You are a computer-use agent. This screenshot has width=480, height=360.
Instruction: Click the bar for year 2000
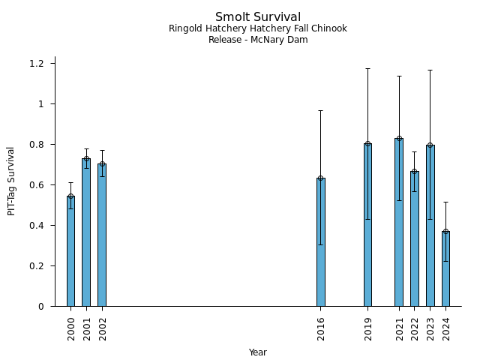click(70, 251)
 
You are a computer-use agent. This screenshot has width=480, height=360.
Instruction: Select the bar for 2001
click(86, 232)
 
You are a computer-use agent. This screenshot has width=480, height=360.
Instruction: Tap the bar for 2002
click(102, 235)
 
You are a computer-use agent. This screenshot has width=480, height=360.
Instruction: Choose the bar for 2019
click(367, 225)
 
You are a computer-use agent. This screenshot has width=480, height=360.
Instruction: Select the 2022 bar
click(415, 238)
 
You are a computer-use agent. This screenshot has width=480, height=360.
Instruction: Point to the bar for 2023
click(430, 226)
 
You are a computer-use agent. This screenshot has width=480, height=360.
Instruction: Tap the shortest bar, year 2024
click(445, 268)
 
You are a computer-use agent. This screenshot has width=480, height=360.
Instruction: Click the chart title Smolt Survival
click(258, 17)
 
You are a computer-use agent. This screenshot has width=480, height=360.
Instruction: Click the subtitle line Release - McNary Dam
click(258, 40)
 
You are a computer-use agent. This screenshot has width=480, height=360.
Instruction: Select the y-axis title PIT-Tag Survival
click(12, 181)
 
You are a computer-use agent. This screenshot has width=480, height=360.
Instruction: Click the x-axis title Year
click(258, 352)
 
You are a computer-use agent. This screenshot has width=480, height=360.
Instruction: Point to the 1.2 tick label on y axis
click(37, 63)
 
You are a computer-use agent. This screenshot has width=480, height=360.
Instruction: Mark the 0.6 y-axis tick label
click(37, 184)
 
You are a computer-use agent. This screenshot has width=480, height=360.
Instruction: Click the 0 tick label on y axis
click(41, 306)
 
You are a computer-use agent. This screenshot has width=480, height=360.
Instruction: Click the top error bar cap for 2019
click(367, 68)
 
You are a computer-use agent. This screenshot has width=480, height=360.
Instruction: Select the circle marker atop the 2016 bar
click(321, 178)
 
